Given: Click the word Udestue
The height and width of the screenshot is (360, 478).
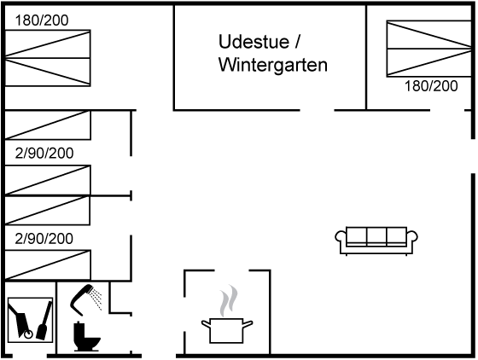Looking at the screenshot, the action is pyautogui.click(x=254, y=42).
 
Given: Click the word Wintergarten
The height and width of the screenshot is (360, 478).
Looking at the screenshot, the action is pyautogui.click(x=273, y=65).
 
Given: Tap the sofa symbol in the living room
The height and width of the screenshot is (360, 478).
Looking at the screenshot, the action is pyautogui.click(x=376, y=241).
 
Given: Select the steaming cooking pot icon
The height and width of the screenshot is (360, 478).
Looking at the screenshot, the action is pyautogui.click(x=227, y=330).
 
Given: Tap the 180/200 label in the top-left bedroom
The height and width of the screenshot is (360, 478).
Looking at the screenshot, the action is pyautogui.click(x=42, y=20).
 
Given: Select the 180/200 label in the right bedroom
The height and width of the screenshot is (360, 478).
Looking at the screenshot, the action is pyautogui.click(x=431, y=86).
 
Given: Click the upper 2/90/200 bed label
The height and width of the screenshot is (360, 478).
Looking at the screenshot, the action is pyautogui.click(x=44, y=154).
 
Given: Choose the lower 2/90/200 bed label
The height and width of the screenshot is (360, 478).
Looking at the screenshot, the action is pyautogui.click(x=44, y=239).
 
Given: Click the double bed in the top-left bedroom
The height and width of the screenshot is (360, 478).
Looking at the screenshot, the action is pyautogui.click(x=48, y=58).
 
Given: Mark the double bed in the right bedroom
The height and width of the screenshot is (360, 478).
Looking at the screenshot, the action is pyautogui.click(x=429, y=49).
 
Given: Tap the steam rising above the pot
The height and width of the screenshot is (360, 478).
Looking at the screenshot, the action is pyautogui.click(x=229, y=301).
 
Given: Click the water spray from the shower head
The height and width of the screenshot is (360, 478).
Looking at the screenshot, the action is pyautogui.click(x=96, y=299).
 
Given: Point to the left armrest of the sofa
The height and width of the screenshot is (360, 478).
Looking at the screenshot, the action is pyautogui.click(x=341, y=237).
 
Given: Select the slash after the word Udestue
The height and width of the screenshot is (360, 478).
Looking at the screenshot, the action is pyautogui.click(x=298, y=42).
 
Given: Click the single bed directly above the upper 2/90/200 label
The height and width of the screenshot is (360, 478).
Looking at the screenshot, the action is pyautogui.click(x=48, y=125).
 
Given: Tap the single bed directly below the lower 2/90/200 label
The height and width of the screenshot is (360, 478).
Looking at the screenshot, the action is pyautogui.click(x=48, y=264).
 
